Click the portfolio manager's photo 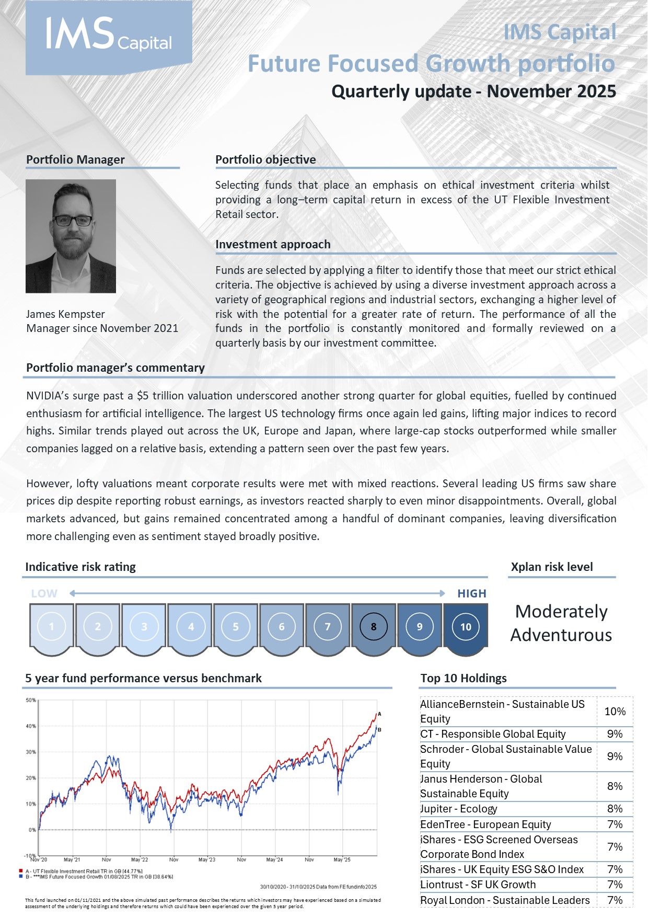tap(71, 236)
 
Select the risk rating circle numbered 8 tap(373, 626)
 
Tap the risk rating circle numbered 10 tap(466, 626)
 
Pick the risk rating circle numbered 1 tap(52, 626)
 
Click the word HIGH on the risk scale tap(471, 593)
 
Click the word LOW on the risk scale tap(44, 593)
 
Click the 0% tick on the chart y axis tap(32, 830)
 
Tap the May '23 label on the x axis tap(207, 859)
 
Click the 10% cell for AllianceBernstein tap(615, 711)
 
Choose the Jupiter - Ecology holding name tap(459, 809)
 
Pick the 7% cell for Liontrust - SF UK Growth tap(615, 885)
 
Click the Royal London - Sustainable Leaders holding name tap(505, 900)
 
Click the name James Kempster tap(65, 314)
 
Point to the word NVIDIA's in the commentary tap(48, 396)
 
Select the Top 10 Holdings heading tap(464, 678)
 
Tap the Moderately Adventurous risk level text tap(561, 623)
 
